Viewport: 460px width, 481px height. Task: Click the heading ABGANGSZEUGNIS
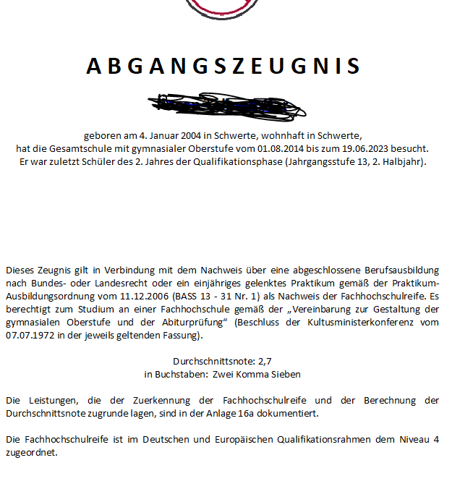point(223,66)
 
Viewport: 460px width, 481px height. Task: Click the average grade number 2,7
point(265,361)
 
